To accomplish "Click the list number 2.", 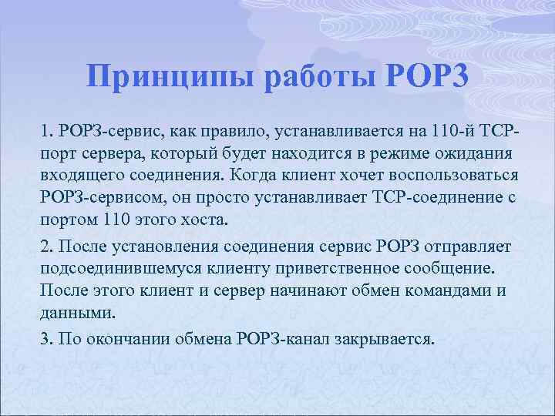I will click(45, 247).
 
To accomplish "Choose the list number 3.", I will click(45, 339).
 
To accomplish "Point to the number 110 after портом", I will click(115, 220).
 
